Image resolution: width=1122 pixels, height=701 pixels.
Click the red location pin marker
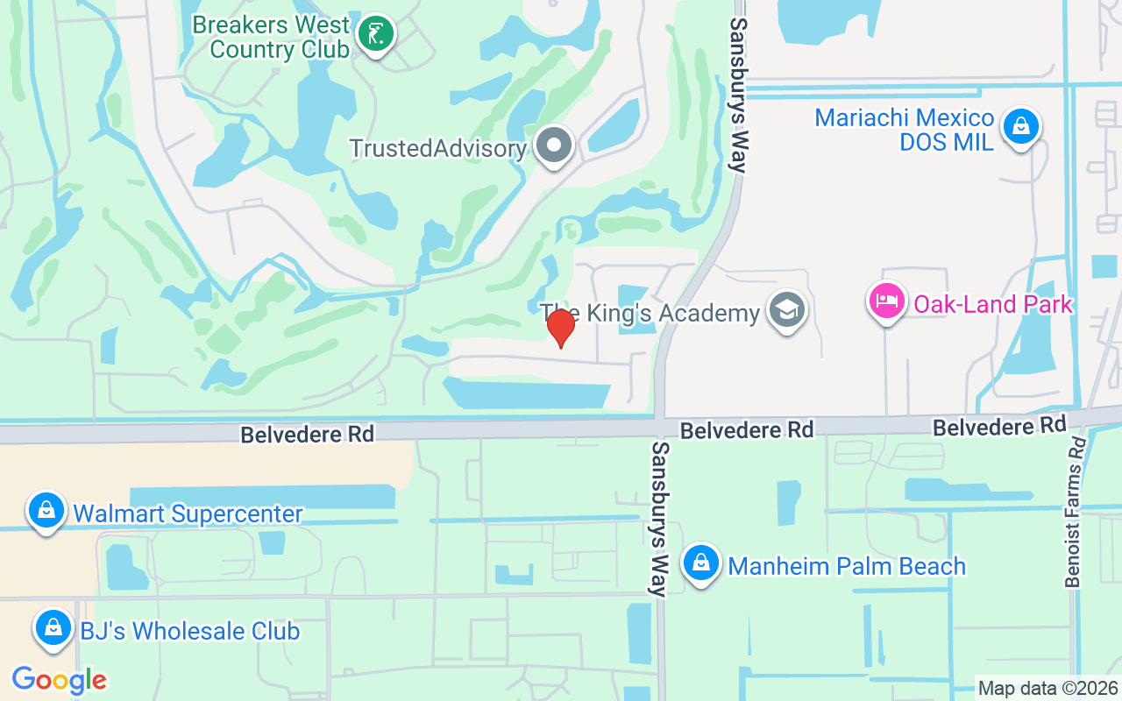pos(560,328)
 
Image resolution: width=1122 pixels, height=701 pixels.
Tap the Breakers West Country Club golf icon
pos(376,34)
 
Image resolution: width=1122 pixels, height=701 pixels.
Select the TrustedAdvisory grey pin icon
pos(554,145)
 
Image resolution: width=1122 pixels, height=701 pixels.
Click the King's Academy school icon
pos(785,310)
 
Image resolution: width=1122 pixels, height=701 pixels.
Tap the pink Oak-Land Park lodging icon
pos(887,301)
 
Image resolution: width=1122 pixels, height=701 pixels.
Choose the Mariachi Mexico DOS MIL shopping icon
pos(1021,127)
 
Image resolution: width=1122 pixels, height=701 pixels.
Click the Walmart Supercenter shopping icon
pos(46,509)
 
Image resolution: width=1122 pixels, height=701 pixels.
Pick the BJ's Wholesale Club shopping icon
pos(53,628)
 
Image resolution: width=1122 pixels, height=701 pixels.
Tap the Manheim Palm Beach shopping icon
pos(700,562)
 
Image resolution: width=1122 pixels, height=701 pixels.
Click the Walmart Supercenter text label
pos(188,513)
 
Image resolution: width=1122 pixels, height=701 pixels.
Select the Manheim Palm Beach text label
pos(847,566)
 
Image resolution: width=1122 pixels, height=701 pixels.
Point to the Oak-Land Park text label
pos(993,304)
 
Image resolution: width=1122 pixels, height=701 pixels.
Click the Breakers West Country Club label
pos(271,37)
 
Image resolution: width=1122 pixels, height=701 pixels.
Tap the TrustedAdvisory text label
pos(437,148)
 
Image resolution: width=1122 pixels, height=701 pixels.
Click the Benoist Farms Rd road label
pos(1076,513)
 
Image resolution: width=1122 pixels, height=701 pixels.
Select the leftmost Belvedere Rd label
pos(308,434)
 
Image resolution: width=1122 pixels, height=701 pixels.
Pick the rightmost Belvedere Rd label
pos(999,427)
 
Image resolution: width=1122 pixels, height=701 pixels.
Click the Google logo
pos(59,679)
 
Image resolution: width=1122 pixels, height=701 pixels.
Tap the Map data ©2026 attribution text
pos(1048,688)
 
